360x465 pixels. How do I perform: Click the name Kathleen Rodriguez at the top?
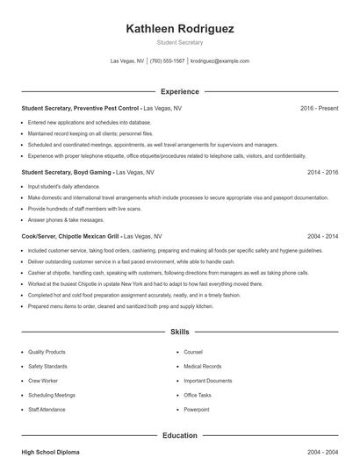[x=179, y=28]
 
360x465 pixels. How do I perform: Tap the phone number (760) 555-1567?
[x=167, y=61]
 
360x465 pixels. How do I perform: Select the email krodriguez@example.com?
[x=220, y=61]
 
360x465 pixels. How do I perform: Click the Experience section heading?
[x=179, y=91]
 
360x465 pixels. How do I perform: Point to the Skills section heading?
[x=179, y=333]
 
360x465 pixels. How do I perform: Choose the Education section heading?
[x=179, y=434]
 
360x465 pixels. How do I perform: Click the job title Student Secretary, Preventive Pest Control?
[x=80, y=108]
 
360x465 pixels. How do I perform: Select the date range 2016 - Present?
[x=319, y=108]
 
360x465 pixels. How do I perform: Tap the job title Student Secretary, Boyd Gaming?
[x=67, y=173]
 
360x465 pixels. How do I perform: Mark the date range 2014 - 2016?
[x=322, y=173]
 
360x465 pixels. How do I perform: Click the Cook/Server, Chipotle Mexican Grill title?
[x=71, y=237]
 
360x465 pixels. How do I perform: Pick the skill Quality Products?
[x=47, y=352]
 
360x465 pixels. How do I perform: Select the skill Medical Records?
[x=203, y=366]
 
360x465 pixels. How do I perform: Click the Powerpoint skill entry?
[x=197, y=409]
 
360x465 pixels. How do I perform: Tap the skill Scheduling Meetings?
[x=52, y=395]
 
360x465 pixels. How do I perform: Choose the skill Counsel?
[x=193, y=352]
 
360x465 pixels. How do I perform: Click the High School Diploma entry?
[x=50, y=452]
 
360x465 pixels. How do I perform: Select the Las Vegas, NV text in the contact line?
[x=127, y=61]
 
